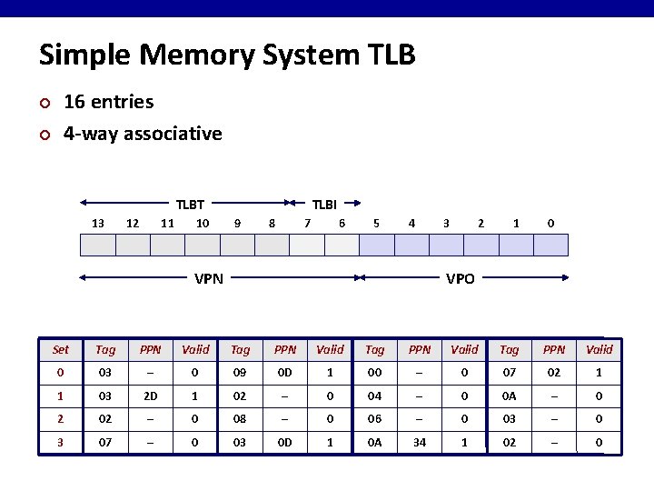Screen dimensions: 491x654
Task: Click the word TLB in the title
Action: point(388,55)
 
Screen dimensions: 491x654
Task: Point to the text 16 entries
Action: point(108,102)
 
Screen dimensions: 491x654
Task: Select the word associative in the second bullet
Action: point(173,134)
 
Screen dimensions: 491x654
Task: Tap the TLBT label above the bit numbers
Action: point(190,205)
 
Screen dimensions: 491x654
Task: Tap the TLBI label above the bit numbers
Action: point(325,205)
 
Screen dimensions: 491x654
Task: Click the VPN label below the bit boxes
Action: point(209,279)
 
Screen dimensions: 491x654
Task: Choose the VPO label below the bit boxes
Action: point(461,279)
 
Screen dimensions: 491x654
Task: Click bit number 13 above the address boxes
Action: point(98,223)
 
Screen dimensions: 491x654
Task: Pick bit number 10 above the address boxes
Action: point(203,223)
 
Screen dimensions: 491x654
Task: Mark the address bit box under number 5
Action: point(377,245)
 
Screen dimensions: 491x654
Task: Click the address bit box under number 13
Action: point(98,245)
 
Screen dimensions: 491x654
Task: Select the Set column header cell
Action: point(61,349)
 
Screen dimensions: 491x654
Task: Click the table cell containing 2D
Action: point(151,396)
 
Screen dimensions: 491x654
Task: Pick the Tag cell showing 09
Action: point(240,373)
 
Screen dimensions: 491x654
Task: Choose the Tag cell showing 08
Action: point(240,420)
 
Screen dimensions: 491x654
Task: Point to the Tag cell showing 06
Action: point(375,420)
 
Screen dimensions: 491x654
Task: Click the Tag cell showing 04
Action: point(375,396)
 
